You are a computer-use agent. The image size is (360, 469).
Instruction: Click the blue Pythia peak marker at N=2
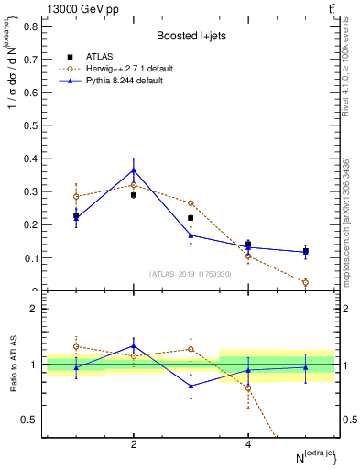tap(134, 170)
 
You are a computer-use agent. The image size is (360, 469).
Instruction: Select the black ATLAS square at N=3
tap(191, 218)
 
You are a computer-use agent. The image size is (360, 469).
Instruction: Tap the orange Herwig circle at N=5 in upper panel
tap(305, 282)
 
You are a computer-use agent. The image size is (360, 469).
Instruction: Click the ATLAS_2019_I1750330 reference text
tap(189, 274)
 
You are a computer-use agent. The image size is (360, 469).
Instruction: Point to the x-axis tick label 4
tap(248, 444)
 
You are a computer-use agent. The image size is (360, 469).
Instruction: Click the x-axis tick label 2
tap(134, 444)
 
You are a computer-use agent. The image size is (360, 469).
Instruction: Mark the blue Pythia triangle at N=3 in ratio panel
tap(191, 386)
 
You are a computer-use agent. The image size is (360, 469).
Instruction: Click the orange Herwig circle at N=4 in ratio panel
tap(248, 387)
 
